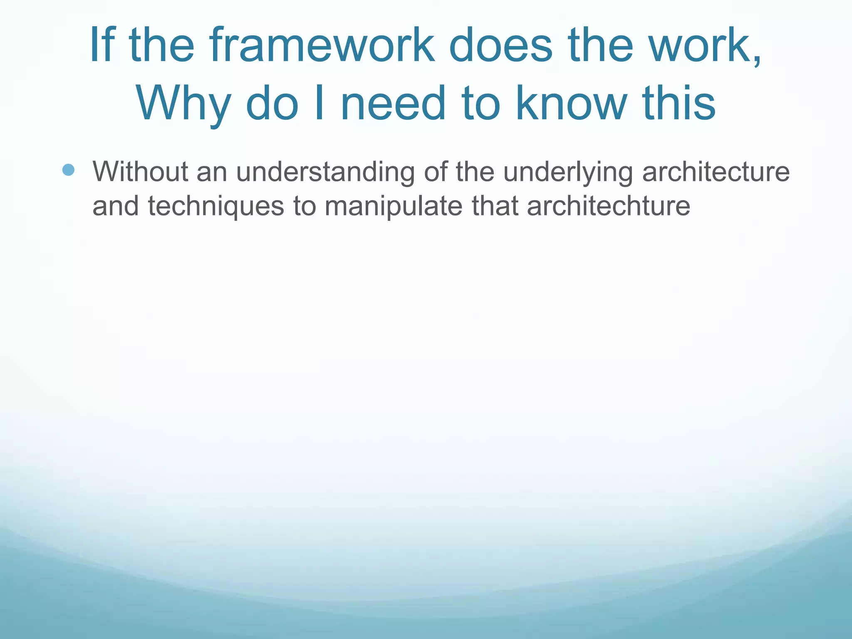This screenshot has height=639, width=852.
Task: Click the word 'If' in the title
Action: pos(102,45)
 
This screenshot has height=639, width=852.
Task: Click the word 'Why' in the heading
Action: pos(183,104)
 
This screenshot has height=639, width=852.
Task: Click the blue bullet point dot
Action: pos(68,170)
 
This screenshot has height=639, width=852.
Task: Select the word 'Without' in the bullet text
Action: pos(140,171)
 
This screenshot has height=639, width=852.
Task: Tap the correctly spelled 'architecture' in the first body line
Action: pos(716,171)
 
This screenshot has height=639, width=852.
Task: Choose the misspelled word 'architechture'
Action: pos(608,206)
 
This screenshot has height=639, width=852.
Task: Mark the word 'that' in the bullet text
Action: pos(495,206)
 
